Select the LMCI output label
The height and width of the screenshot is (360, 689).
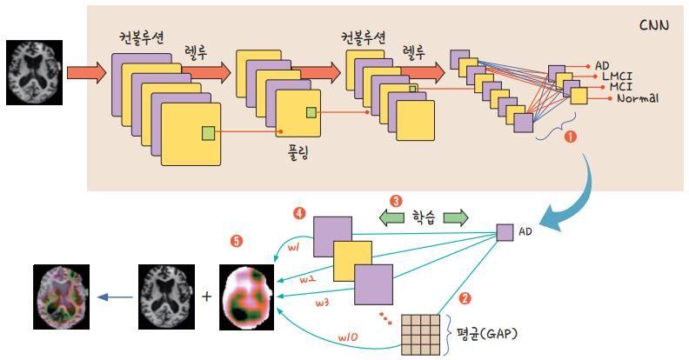pos(620,77)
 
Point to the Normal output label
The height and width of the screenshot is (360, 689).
pos(636,99)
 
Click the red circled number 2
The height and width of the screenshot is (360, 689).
pos(465,298)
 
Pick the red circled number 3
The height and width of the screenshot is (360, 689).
pos(396,200)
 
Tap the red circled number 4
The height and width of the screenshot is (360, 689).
pos(300,211)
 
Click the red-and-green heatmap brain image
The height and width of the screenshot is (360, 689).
pos(247,297)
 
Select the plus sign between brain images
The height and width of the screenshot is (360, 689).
pos(206,296)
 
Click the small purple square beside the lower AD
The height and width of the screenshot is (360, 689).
pos(505,232)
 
